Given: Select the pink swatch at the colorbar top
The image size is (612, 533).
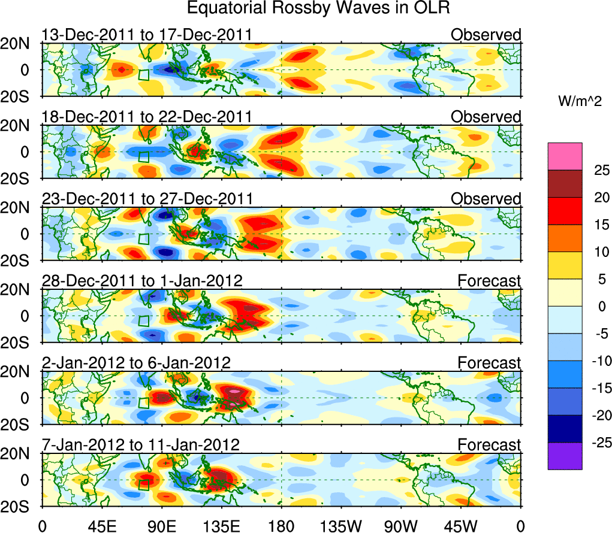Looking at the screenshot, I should tap(564, 156).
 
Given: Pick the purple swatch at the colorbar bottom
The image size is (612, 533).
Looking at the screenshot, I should tap(564, 456).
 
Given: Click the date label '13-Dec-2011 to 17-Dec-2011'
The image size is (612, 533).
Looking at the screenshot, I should tap(146, 35).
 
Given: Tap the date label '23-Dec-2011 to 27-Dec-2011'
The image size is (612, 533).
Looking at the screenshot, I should tap(147, 198).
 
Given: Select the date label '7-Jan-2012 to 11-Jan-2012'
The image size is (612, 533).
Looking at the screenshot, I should tap(140, 445).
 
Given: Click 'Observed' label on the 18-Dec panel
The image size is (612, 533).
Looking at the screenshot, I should tap(486, 117).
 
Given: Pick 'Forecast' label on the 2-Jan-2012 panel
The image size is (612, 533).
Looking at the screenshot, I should tap(489, 363).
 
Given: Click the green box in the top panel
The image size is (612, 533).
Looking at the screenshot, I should tap(143, 75).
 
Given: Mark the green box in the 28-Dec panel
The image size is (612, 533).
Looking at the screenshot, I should tap(143, 320).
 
